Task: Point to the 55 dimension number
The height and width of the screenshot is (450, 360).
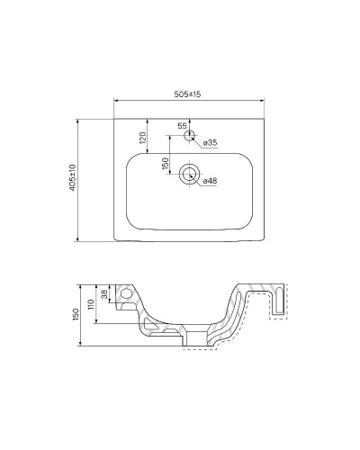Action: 182,126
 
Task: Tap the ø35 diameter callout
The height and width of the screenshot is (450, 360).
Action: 207,143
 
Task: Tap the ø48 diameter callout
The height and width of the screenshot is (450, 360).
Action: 209,181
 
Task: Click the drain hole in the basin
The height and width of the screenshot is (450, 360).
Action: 190,175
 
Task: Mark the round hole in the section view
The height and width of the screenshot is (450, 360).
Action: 128,294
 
